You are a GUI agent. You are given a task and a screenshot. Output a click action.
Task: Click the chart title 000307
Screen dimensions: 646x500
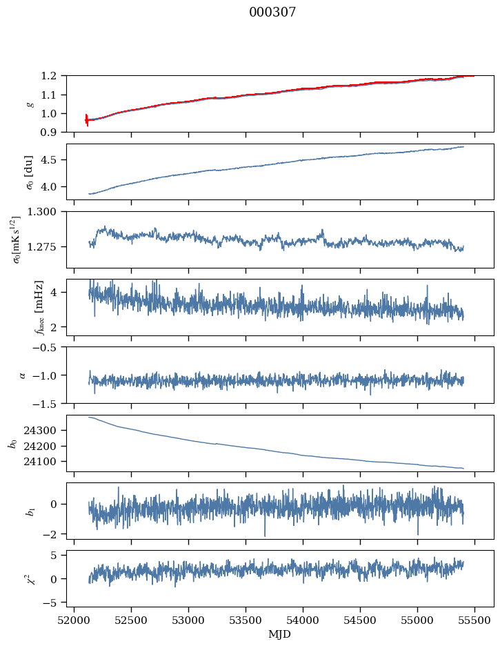coord(272,12)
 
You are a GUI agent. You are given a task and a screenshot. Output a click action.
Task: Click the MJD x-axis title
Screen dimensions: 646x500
coord(279,634)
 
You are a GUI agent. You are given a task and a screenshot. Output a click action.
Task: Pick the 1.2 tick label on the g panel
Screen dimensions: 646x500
coord(54,76)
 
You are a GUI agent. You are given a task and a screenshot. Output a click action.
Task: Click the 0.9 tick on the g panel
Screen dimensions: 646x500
coord(54,132)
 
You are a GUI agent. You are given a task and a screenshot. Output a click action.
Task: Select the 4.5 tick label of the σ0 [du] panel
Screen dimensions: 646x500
coord(54,160)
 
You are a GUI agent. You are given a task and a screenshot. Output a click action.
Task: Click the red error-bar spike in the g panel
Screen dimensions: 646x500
coord(86,120)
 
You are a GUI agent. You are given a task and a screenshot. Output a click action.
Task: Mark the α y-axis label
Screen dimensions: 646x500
coord(22,375)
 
